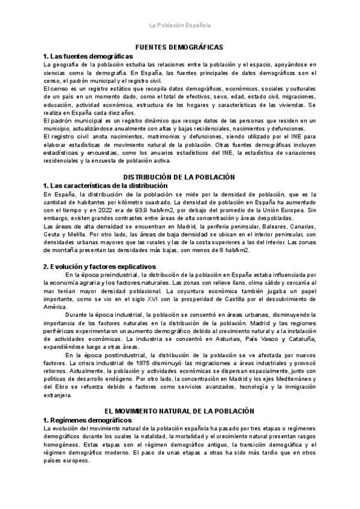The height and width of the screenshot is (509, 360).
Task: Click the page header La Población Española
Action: coord(179,25)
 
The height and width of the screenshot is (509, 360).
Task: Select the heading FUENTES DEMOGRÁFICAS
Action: coord(179,47)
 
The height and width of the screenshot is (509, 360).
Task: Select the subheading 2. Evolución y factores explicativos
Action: coord(100,265)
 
